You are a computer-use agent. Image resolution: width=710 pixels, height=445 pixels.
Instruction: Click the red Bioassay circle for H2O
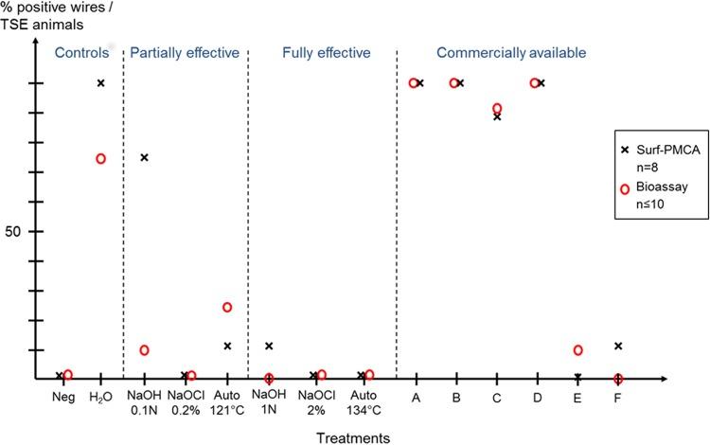click(x=100, y=158)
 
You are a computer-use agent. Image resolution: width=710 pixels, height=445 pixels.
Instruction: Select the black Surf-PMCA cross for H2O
click(x=100, y=83)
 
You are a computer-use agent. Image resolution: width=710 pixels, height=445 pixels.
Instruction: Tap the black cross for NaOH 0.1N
click(x=144, y=157)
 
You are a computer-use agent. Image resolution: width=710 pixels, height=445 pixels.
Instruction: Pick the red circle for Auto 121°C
click(x=227, y=307)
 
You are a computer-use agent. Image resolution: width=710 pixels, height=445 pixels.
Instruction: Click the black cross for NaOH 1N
click(x=269, y=347)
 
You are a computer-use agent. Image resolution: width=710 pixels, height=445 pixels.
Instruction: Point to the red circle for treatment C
click(x=497, y=109)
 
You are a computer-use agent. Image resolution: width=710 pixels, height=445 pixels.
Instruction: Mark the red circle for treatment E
click(x=577, y=350)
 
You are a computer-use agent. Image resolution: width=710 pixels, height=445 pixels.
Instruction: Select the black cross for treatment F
click(x=618, y=347)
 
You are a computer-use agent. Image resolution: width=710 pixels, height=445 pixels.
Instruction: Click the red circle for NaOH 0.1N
click(x=144, y=350)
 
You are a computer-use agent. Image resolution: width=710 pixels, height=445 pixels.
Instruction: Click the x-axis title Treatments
click(x=353, y=437)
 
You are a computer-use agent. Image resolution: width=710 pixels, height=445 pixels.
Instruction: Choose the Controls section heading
click(x=82, y=52)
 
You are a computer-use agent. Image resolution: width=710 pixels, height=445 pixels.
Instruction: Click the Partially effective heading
click(x=184, y=52)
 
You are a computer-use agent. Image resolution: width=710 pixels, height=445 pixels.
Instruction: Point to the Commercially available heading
click(x=511, y=52)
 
